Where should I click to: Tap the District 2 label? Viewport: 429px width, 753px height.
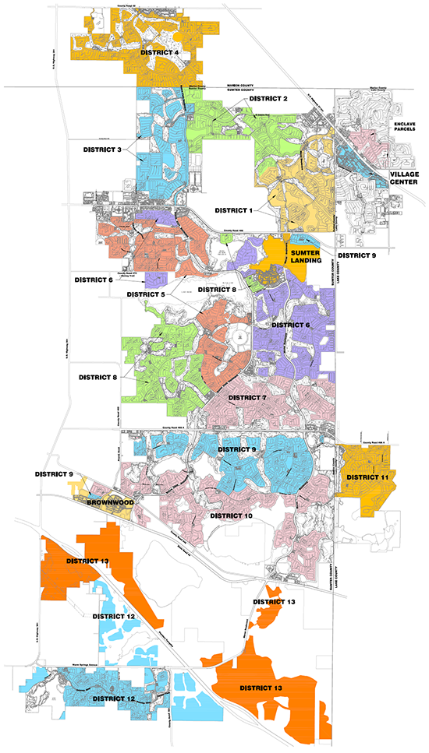pyautogui.click(x=268, y=100)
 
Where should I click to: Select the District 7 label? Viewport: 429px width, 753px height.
pyautogui.click(x=246, y=398)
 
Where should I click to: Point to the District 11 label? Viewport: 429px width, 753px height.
pyautogui.click(x=367, y=477)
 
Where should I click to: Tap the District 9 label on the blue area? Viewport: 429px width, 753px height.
pyautogui.click(x=237, y=449)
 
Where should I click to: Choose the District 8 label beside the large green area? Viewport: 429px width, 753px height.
pyautogui.click(x=99, y=377)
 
